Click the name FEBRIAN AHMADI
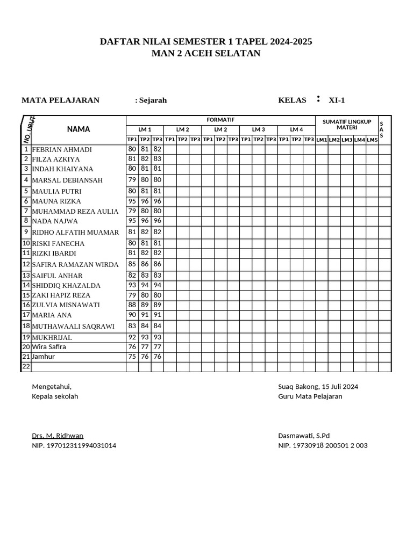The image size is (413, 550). point(62,150)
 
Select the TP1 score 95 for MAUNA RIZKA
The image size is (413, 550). point(132,201)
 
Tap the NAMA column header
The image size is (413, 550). point(79,129)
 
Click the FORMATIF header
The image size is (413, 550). point(220,120)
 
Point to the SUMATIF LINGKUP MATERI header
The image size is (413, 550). point(347,125)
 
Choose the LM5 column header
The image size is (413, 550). point(372,140)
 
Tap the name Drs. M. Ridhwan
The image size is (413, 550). point(58,436)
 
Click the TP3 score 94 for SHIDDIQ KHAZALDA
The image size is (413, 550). point(157,285)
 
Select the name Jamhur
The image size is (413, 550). point(44,357)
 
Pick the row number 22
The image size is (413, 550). point(26,367)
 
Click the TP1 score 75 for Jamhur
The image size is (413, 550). point(132,357)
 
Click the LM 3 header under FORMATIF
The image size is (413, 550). point(259,129)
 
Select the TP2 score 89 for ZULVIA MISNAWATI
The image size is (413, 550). point(145,305)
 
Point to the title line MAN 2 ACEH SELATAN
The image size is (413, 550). point(206,53)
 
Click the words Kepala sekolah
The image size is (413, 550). point(55,396)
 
